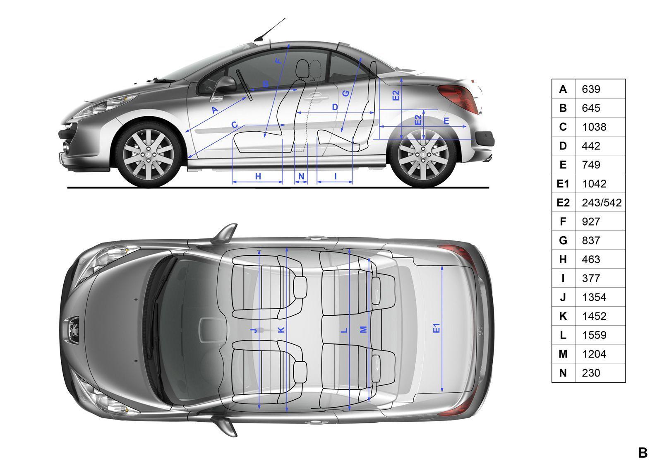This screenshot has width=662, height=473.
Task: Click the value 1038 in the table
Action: tap(594, 127)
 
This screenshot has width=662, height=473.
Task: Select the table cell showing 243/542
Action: tap(602, 202)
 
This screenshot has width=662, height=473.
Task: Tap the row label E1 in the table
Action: tap(563, 184)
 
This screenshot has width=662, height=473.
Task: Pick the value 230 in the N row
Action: tap(591, 373)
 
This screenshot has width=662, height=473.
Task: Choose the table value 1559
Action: tap(594, 335)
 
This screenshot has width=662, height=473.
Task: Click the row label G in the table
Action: tap(563, 240)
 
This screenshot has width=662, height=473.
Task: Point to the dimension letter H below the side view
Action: tap(258, 176)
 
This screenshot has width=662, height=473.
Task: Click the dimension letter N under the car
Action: tap(301, 176)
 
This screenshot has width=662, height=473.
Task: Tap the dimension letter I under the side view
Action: tap(336, 176)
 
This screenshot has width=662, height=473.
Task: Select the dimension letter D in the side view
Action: tap(335, 107)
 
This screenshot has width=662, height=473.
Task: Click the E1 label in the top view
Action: tap(437, 328)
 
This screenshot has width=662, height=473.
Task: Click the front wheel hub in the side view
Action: tap(148, 155)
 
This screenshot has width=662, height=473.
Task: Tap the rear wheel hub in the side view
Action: tap(423, 155)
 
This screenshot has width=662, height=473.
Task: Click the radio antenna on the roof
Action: tap(269, 29)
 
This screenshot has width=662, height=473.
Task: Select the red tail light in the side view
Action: tap(459, 98)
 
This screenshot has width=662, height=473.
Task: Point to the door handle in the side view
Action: tap(317, 97)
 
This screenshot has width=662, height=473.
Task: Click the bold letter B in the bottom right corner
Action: tap(643, 453)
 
